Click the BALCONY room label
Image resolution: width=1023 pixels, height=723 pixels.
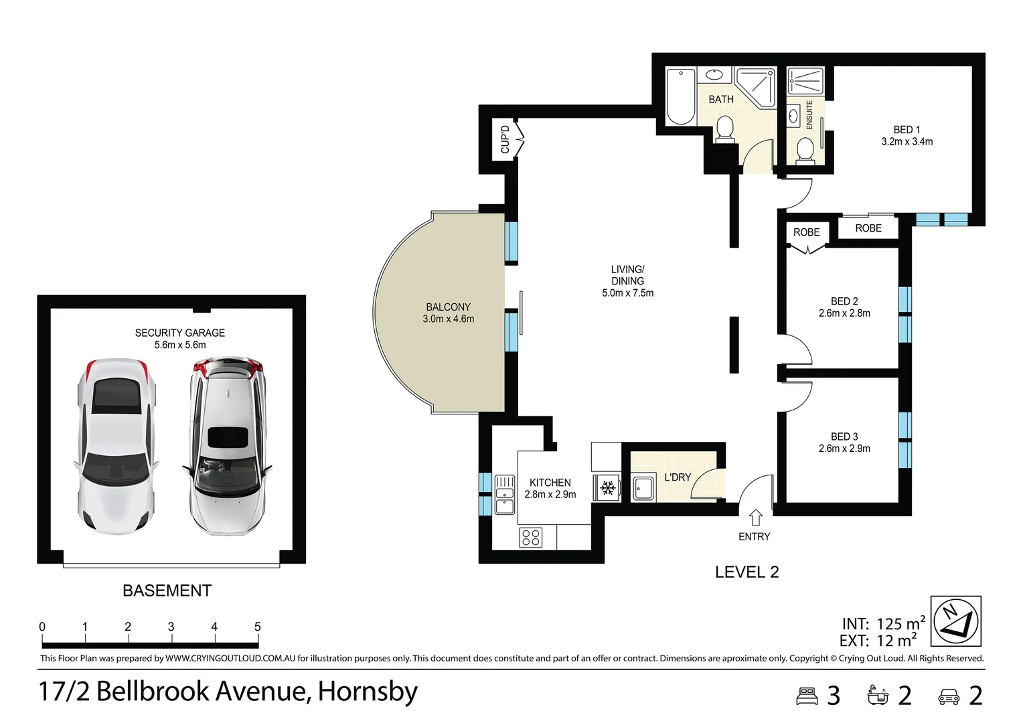448,307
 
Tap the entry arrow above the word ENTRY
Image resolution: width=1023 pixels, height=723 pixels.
756,517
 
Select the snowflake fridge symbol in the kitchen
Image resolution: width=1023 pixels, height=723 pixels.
607,488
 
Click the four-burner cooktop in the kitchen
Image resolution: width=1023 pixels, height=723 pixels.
531,537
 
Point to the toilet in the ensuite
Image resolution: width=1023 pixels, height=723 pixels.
805,151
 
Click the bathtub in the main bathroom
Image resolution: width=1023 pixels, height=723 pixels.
680,96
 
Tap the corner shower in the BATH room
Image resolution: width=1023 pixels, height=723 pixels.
756,88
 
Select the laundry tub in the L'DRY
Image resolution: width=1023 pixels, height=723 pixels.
644,488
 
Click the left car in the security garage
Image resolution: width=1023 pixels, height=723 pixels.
116,447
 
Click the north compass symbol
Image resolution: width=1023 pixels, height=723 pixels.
956,621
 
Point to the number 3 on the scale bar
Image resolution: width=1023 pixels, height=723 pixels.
171,627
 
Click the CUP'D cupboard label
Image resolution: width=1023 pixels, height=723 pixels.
505,139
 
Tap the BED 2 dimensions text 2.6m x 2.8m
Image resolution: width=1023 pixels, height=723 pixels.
844,313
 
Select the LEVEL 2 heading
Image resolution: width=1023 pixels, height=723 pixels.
746,572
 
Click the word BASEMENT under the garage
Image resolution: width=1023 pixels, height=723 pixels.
167,590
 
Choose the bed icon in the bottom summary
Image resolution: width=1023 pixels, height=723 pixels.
807,696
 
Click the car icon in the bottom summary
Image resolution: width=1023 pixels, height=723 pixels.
949,696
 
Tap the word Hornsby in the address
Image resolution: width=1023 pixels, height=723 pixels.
368,692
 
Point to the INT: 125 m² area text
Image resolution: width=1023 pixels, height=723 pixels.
884,623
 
